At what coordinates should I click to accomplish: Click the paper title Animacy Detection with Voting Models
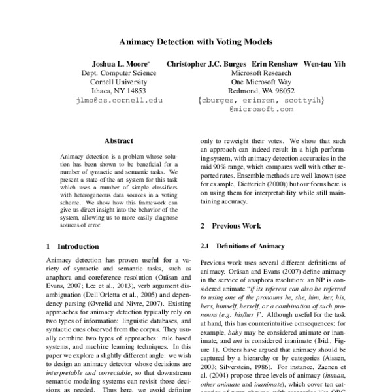[x=195, y=41]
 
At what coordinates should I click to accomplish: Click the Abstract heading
[x=118, y=140]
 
